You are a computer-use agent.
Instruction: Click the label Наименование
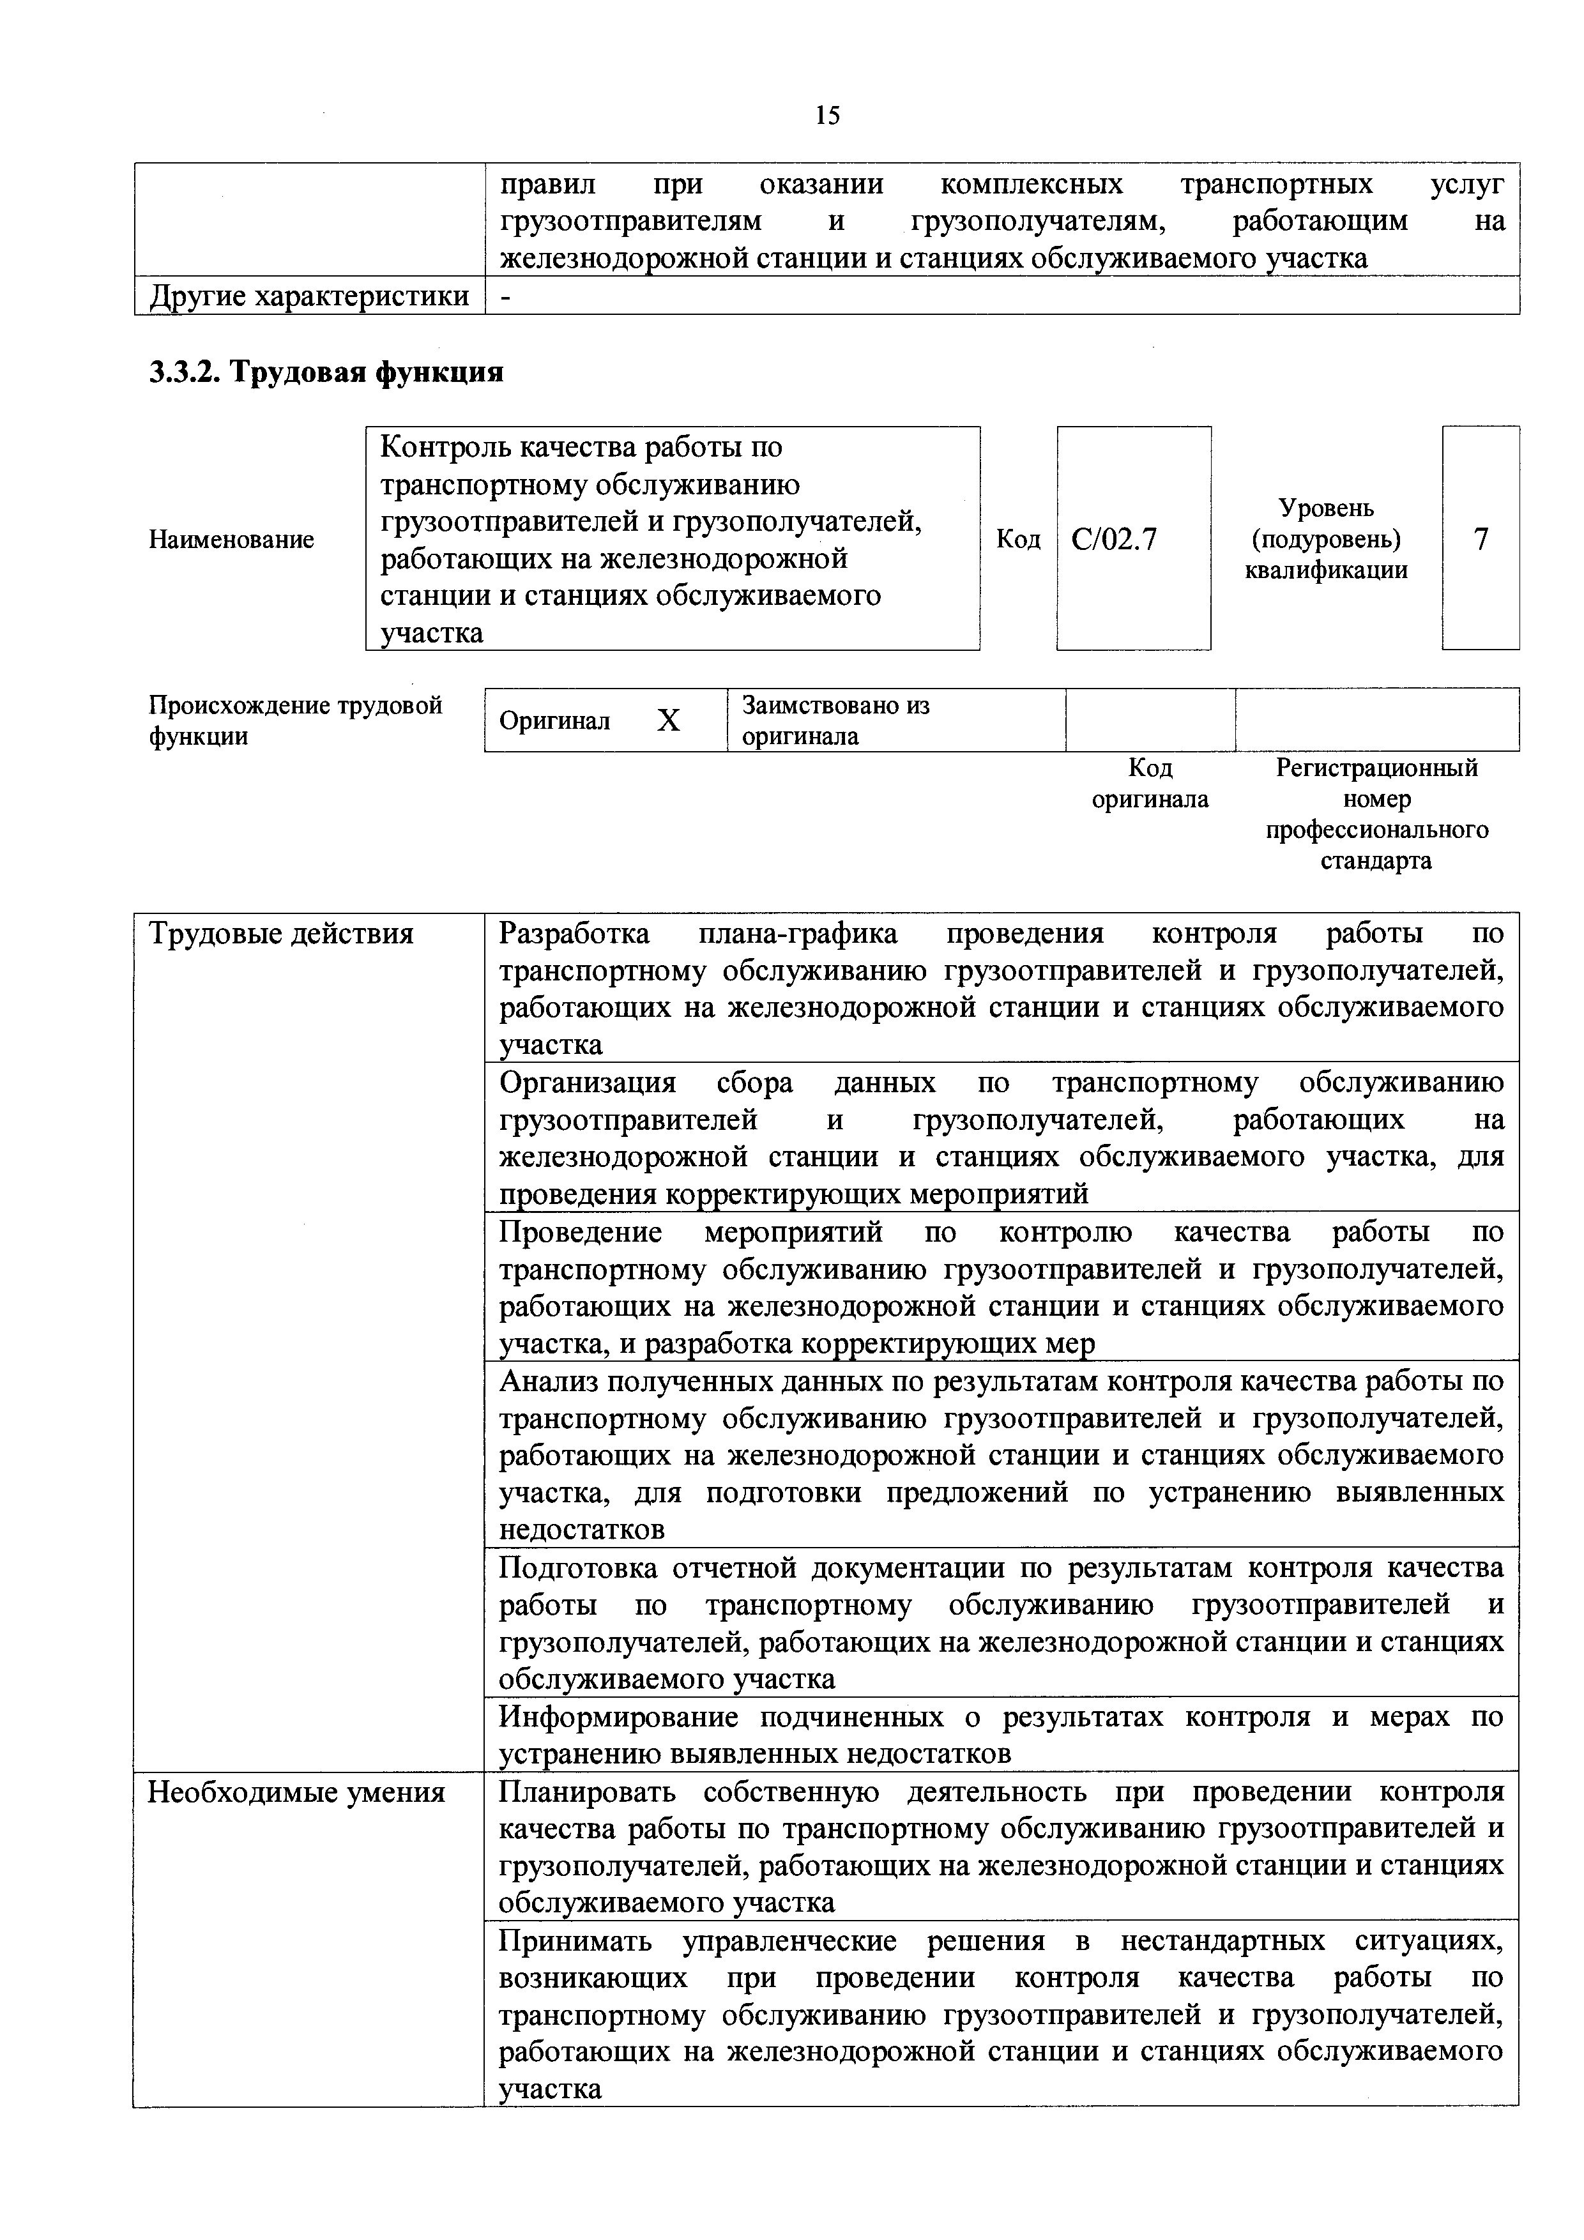coord(231,540)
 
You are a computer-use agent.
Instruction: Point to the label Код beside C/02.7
coord(1017,540)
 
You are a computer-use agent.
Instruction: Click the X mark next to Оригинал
coord(668,721)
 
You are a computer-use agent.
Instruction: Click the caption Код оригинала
coord(1149,784)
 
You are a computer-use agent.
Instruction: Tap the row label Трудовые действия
coord(281,934)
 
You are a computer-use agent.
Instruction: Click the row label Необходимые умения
coord(296,1793)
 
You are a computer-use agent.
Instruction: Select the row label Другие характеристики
coord(308,296)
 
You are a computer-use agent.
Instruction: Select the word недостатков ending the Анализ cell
coord(581,1530)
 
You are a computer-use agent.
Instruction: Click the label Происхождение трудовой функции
coord(294,720)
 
